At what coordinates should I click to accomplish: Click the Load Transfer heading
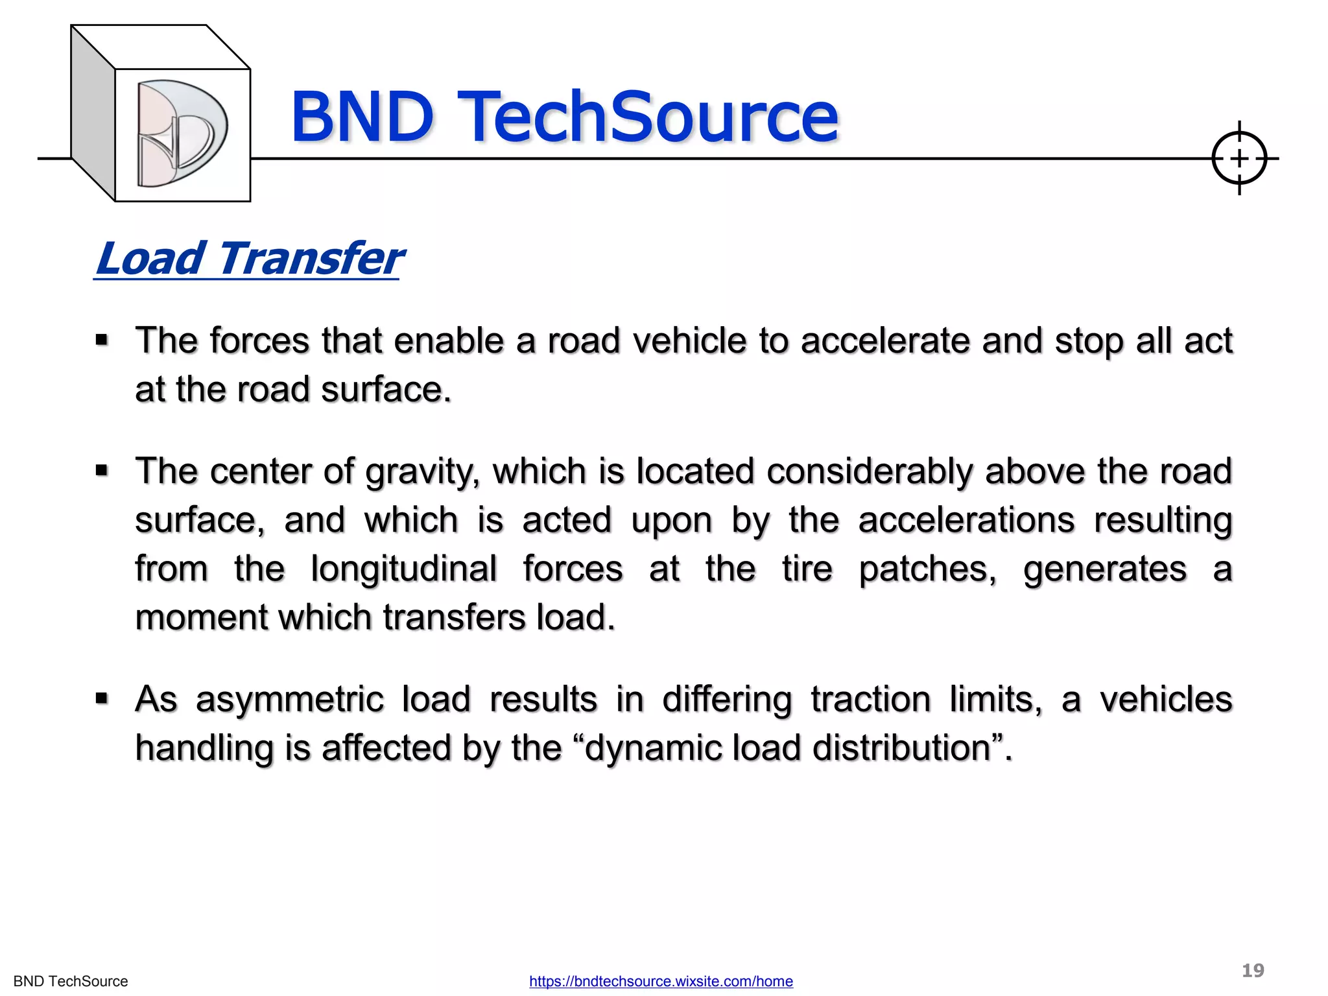pos(249,259)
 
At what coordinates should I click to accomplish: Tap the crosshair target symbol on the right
pos(1239,158)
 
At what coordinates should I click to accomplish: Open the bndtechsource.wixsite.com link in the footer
pos(661,981)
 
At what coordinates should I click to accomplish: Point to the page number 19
pos(1253,970)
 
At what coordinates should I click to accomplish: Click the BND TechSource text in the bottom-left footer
pos(71,981)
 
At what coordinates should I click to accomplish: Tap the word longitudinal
pos(403,569)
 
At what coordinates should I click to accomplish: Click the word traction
pos(870,700)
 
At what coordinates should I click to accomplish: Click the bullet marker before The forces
pos(102,340)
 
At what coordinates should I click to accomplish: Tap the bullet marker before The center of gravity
pos(102,470)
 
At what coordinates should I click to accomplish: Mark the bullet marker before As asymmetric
pos(102,698)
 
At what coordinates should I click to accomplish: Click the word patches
pos(927,570)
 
